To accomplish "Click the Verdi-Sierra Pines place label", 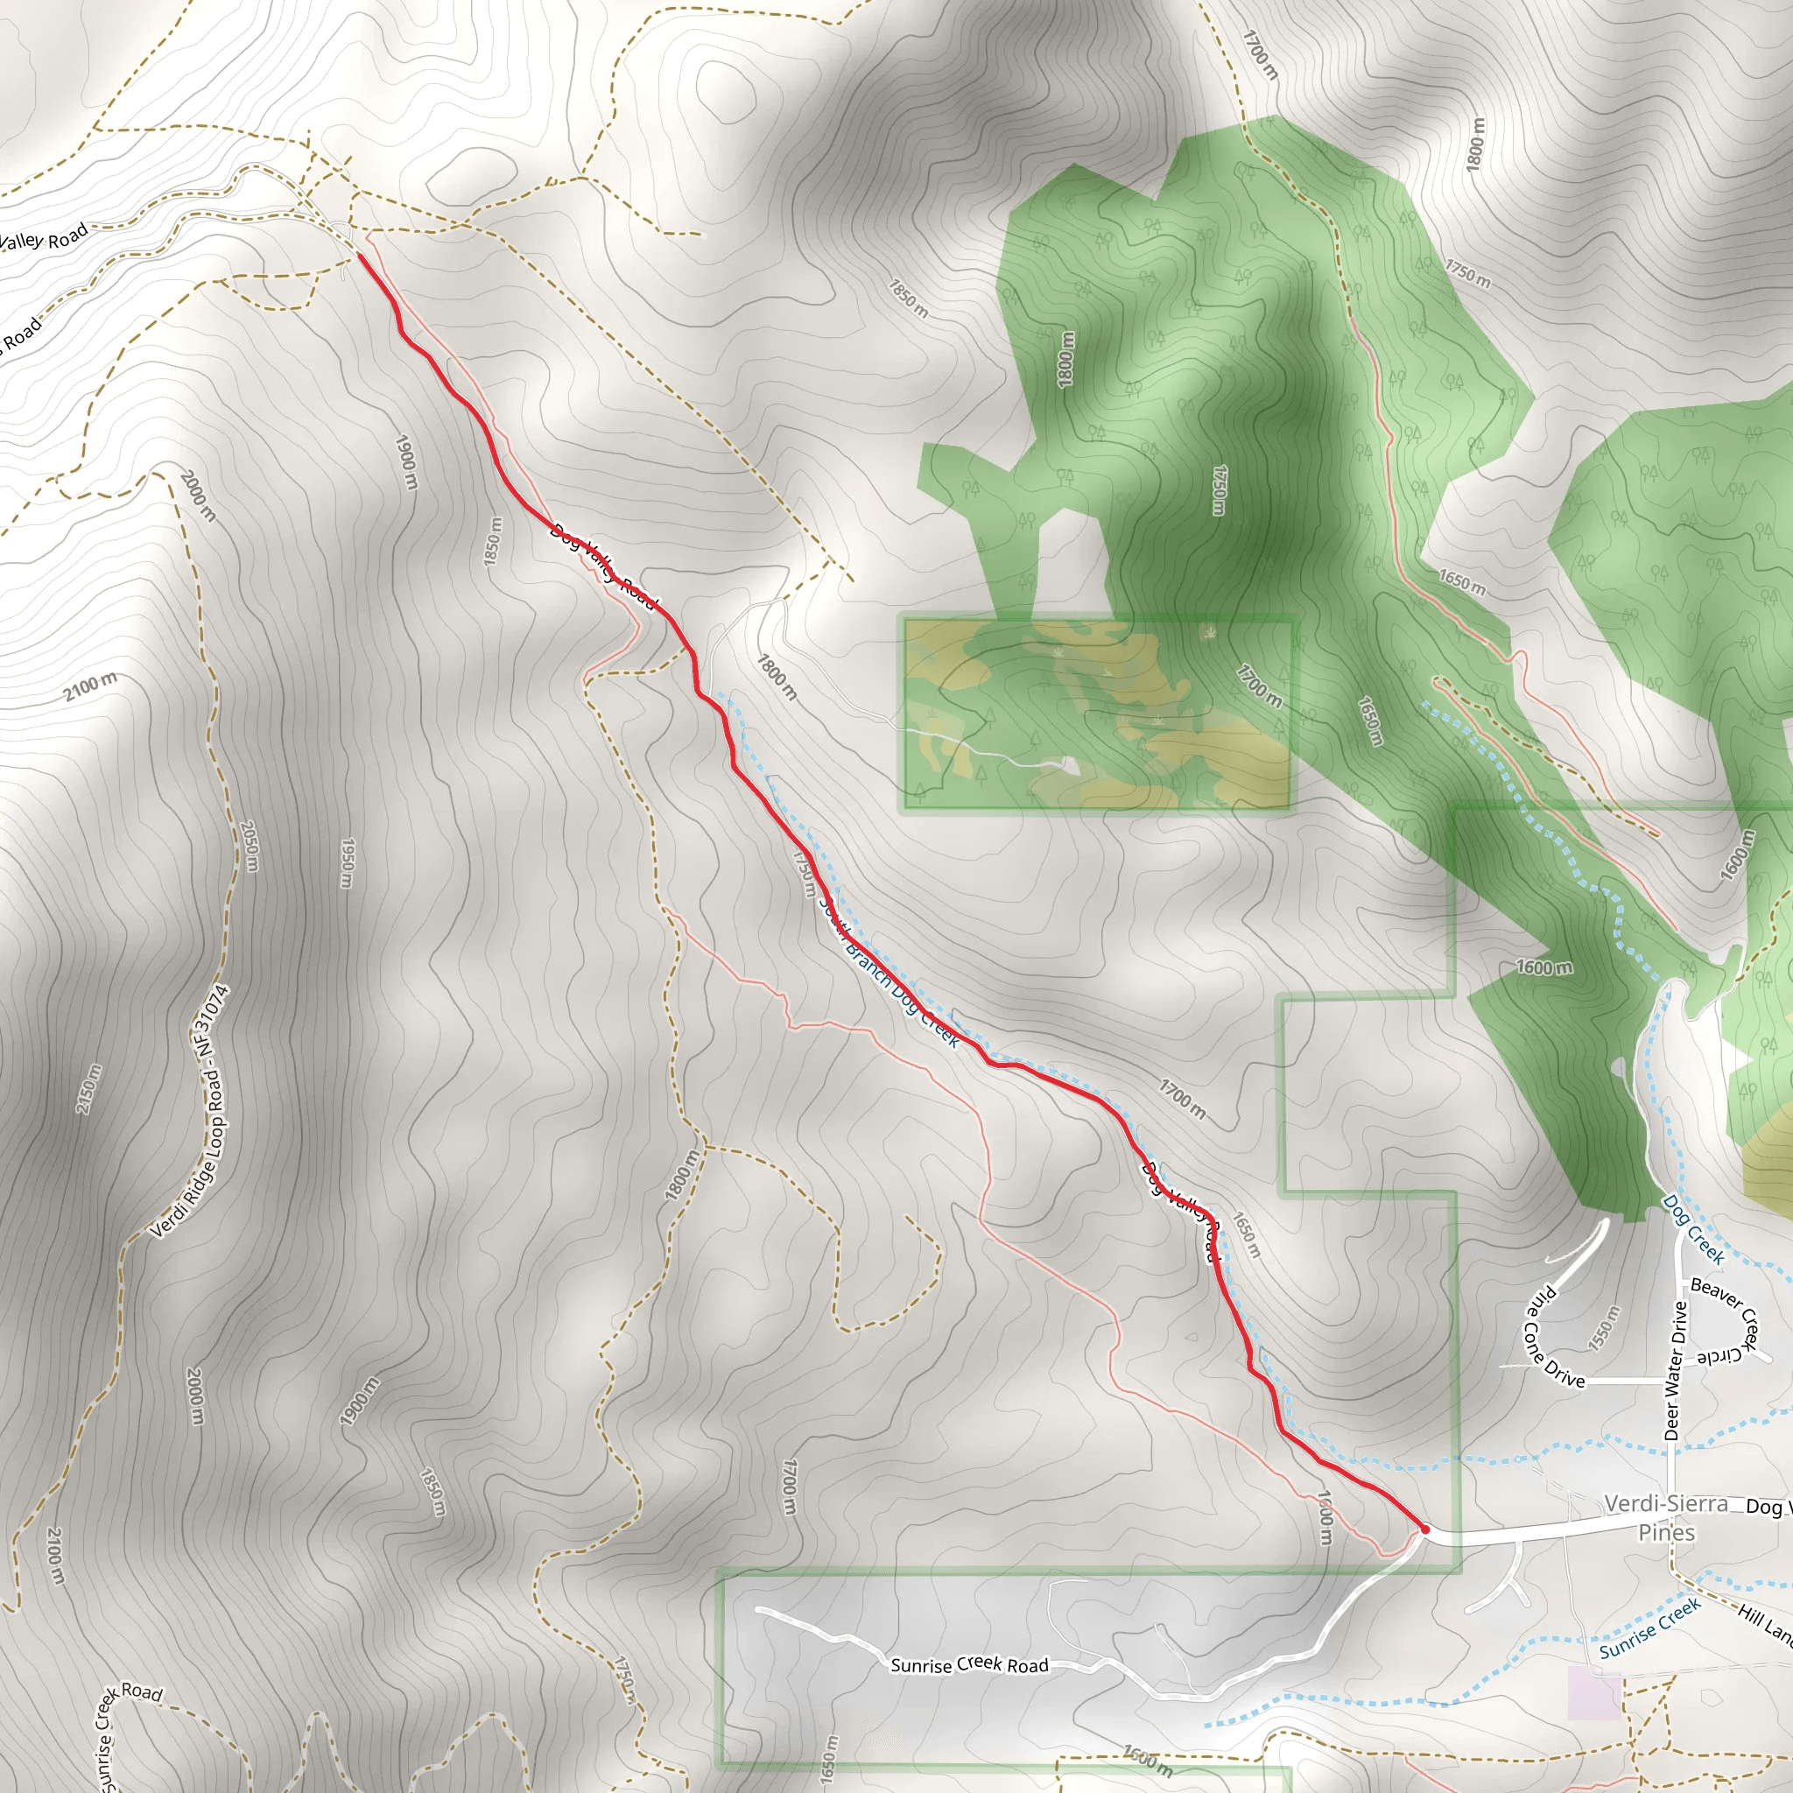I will click(x=1667, y=1517).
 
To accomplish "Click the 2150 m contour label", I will click(x=89, y=1088).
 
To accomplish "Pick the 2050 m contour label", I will click(x=249, y=847).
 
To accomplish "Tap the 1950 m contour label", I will click(x=346, y=863).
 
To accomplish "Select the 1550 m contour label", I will click(x=1604, y=1327).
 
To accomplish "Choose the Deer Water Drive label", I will click(x=1675, y=1371).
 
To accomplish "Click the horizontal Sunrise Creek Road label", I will click(x=969, y=1665).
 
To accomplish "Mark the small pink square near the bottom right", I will click(x=1594, y=1691).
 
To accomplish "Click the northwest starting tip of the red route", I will click(x=358, y=256).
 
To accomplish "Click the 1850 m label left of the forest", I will click(x=909, y=298).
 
